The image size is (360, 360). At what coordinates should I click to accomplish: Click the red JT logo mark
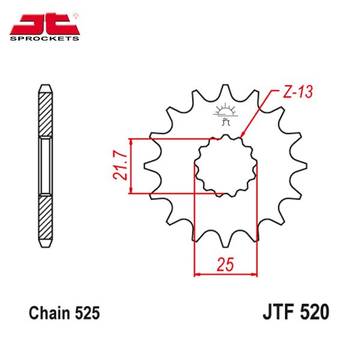[x=44, y=24]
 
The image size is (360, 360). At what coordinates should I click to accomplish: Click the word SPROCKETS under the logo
[x=44, y=38]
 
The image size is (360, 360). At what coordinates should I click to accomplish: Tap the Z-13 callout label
[x=298, y=92]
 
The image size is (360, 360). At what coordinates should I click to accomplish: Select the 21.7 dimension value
[x=120, y=166]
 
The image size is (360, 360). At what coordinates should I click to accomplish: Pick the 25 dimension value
[x=225, y=265]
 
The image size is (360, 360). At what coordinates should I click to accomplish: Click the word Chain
[x=50, y=313]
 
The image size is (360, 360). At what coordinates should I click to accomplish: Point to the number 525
[x=87, y=313]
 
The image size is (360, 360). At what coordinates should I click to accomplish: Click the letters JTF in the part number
[x=279, y=312]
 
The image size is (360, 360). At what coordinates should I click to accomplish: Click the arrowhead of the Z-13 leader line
[x=242, y=135]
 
